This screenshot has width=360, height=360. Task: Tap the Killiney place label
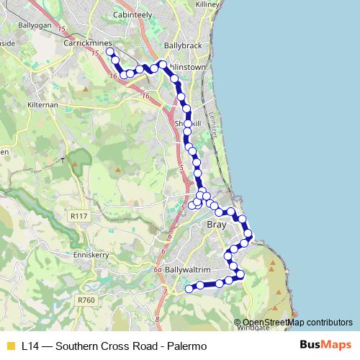click(x=209, y=4)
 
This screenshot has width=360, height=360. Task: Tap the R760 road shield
click(x=86, y=300)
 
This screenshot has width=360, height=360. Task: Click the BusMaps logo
click(x=326, y=346)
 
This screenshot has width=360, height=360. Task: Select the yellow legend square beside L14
click(x=10, y=346)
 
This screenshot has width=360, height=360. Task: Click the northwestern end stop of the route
click(x=109, y=52)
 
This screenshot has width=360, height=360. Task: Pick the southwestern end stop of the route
click(x=189, y=289)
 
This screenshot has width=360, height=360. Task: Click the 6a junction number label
click(x=158, y=271)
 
